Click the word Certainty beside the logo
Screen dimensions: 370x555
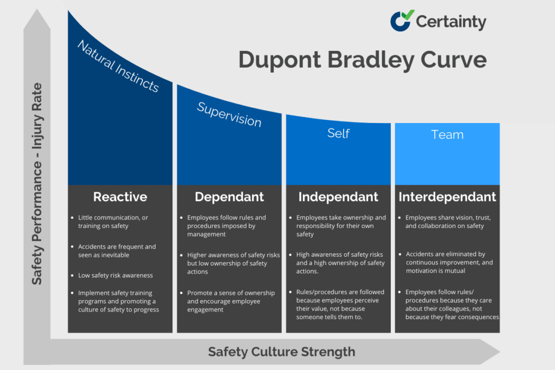[451, 22]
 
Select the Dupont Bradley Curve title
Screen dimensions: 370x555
[362, 60]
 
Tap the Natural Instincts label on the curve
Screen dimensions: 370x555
[118, 66]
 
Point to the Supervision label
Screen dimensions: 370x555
[229, 114]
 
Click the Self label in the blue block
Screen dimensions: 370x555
[338, 133]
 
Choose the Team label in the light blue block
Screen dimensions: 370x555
[447, 134]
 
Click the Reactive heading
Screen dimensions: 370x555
[120, 197]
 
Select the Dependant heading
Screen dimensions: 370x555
[229, 197]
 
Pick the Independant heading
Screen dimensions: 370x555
[338, 197]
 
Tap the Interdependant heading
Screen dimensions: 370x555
[447, 197]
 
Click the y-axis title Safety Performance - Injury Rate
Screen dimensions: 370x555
[37, 184]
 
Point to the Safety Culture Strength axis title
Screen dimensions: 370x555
[281, 352]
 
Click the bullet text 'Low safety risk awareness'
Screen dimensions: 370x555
[115, 275]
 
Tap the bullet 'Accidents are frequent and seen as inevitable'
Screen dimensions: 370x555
[117, 250]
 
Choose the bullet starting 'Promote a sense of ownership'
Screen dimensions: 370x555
[230, 301]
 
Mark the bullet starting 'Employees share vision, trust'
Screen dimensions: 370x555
[448, 222]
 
